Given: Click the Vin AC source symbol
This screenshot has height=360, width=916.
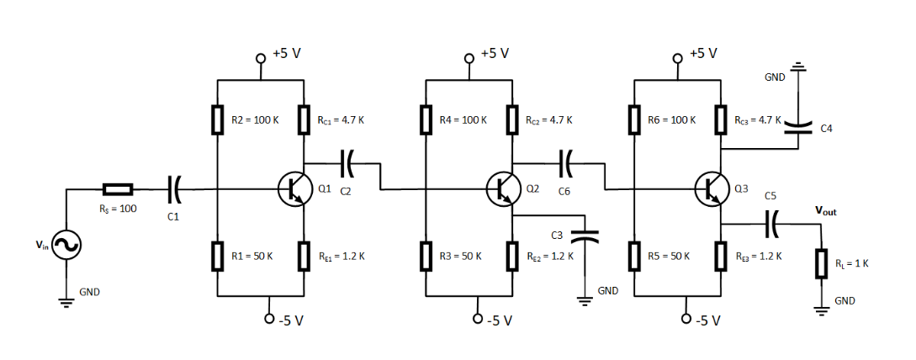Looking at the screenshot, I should click(x=65, y=246).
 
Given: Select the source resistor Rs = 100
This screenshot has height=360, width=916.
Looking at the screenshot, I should click(x=118, y=190).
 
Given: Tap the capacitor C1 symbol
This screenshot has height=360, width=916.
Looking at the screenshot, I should click(x=175, y=190).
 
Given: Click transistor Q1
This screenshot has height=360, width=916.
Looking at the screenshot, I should click(x=293, y=190).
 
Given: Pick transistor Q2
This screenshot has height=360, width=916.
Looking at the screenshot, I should click(x=502, y=190).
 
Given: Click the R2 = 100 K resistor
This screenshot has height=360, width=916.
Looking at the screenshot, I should click(x=217, y=120).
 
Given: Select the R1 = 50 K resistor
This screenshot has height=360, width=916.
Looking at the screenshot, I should click(x=217, y=256).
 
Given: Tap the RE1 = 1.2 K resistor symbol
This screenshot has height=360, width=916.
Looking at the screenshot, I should click(x=304, y=256).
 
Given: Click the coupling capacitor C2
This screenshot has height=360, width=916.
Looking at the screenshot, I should click(x=345, y=163).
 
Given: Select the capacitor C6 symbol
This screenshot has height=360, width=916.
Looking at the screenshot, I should click(x=565, y=163).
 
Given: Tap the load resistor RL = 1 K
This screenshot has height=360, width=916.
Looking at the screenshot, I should click(x=821, y=263).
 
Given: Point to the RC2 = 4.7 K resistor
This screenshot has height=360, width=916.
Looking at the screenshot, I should click(x=511, y=120).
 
